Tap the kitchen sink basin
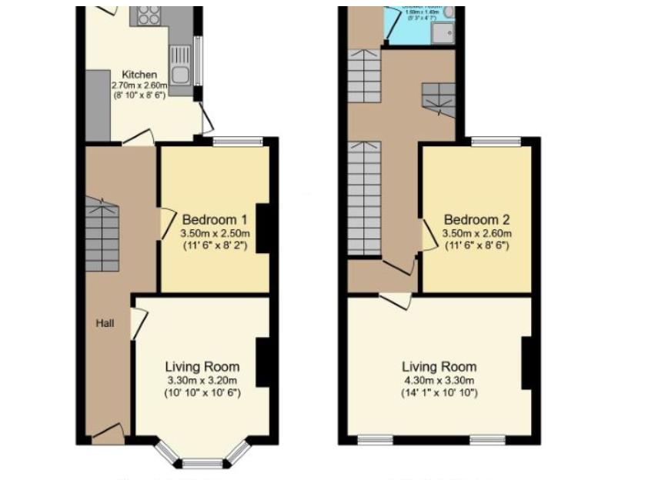coord(181,75)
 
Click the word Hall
coord(105,323)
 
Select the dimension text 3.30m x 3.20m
coord(202,380)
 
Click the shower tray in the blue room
coord(443,32)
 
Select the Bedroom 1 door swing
coord(165,223)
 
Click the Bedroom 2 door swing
coord(427,235)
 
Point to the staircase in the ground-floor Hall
coord(102,235)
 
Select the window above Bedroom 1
coord(237,141)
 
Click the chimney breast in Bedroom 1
coord(262,228)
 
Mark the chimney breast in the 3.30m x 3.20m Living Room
coord(262,362)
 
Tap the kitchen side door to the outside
coord(206,119)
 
